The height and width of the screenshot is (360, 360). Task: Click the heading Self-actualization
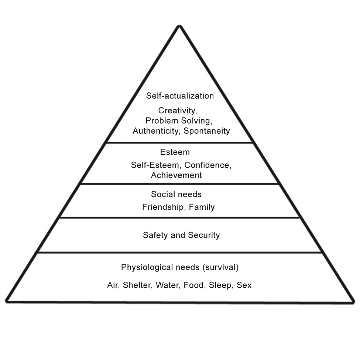(x=180, y=96)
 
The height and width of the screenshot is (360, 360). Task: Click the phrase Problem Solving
(x=178, y=120)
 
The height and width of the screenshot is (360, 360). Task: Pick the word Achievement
(x=176, y=175)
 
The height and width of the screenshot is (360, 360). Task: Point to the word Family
(x=202, y=207)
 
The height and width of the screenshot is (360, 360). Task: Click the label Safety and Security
(x=181, y=235)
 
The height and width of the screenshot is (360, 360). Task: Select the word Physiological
(x=145, y=267)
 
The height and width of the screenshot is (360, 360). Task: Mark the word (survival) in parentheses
(x=220, y=267)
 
